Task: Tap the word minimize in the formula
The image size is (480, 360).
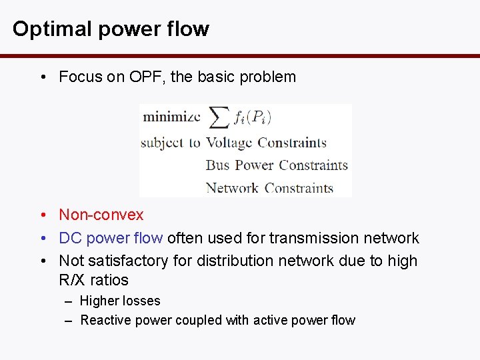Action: [171, 117]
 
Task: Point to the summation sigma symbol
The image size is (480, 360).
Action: [218, 117]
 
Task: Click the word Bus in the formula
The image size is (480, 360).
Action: [217, 165]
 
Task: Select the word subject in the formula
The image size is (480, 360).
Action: [160, 143]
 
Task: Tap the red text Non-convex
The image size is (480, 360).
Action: [101, 215]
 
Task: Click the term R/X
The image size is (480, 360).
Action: [74, 280]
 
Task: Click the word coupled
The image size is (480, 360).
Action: [199, 320]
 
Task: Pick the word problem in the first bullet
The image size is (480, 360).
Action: [267, 77]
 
